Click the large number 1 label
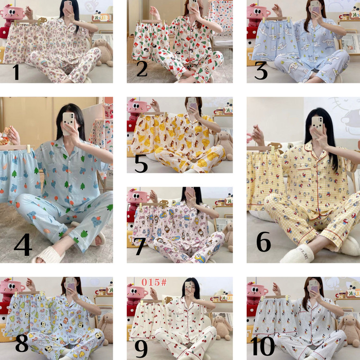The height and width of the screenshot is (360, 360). (x=16, y=72)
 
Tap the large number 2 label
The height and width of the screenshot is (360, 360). (x=142, y=69)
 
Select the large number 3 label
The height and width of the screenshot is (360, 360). (x=261, y=71)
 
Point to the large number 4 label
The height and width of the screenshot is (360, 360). (x=23, y=244)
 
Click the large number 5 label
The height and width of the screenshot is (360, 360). (x=141, y=163)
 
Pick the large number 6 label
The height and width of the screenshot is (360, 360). (x=264, y=241)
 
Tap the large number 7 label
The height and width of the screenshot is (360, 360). (x=139, y=246)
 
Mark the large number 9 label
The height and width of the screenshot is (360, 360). (x=141, y=349)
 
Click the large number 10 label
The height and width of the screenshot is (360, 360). (x=263, y=346)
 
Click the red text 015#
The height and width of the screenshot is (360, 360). (x=154, y=282)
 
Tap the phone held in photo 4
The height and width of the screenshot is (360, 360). (x=69, y=123)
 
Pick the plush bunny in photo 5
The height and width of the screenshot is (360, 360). (x=224, y=145)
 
